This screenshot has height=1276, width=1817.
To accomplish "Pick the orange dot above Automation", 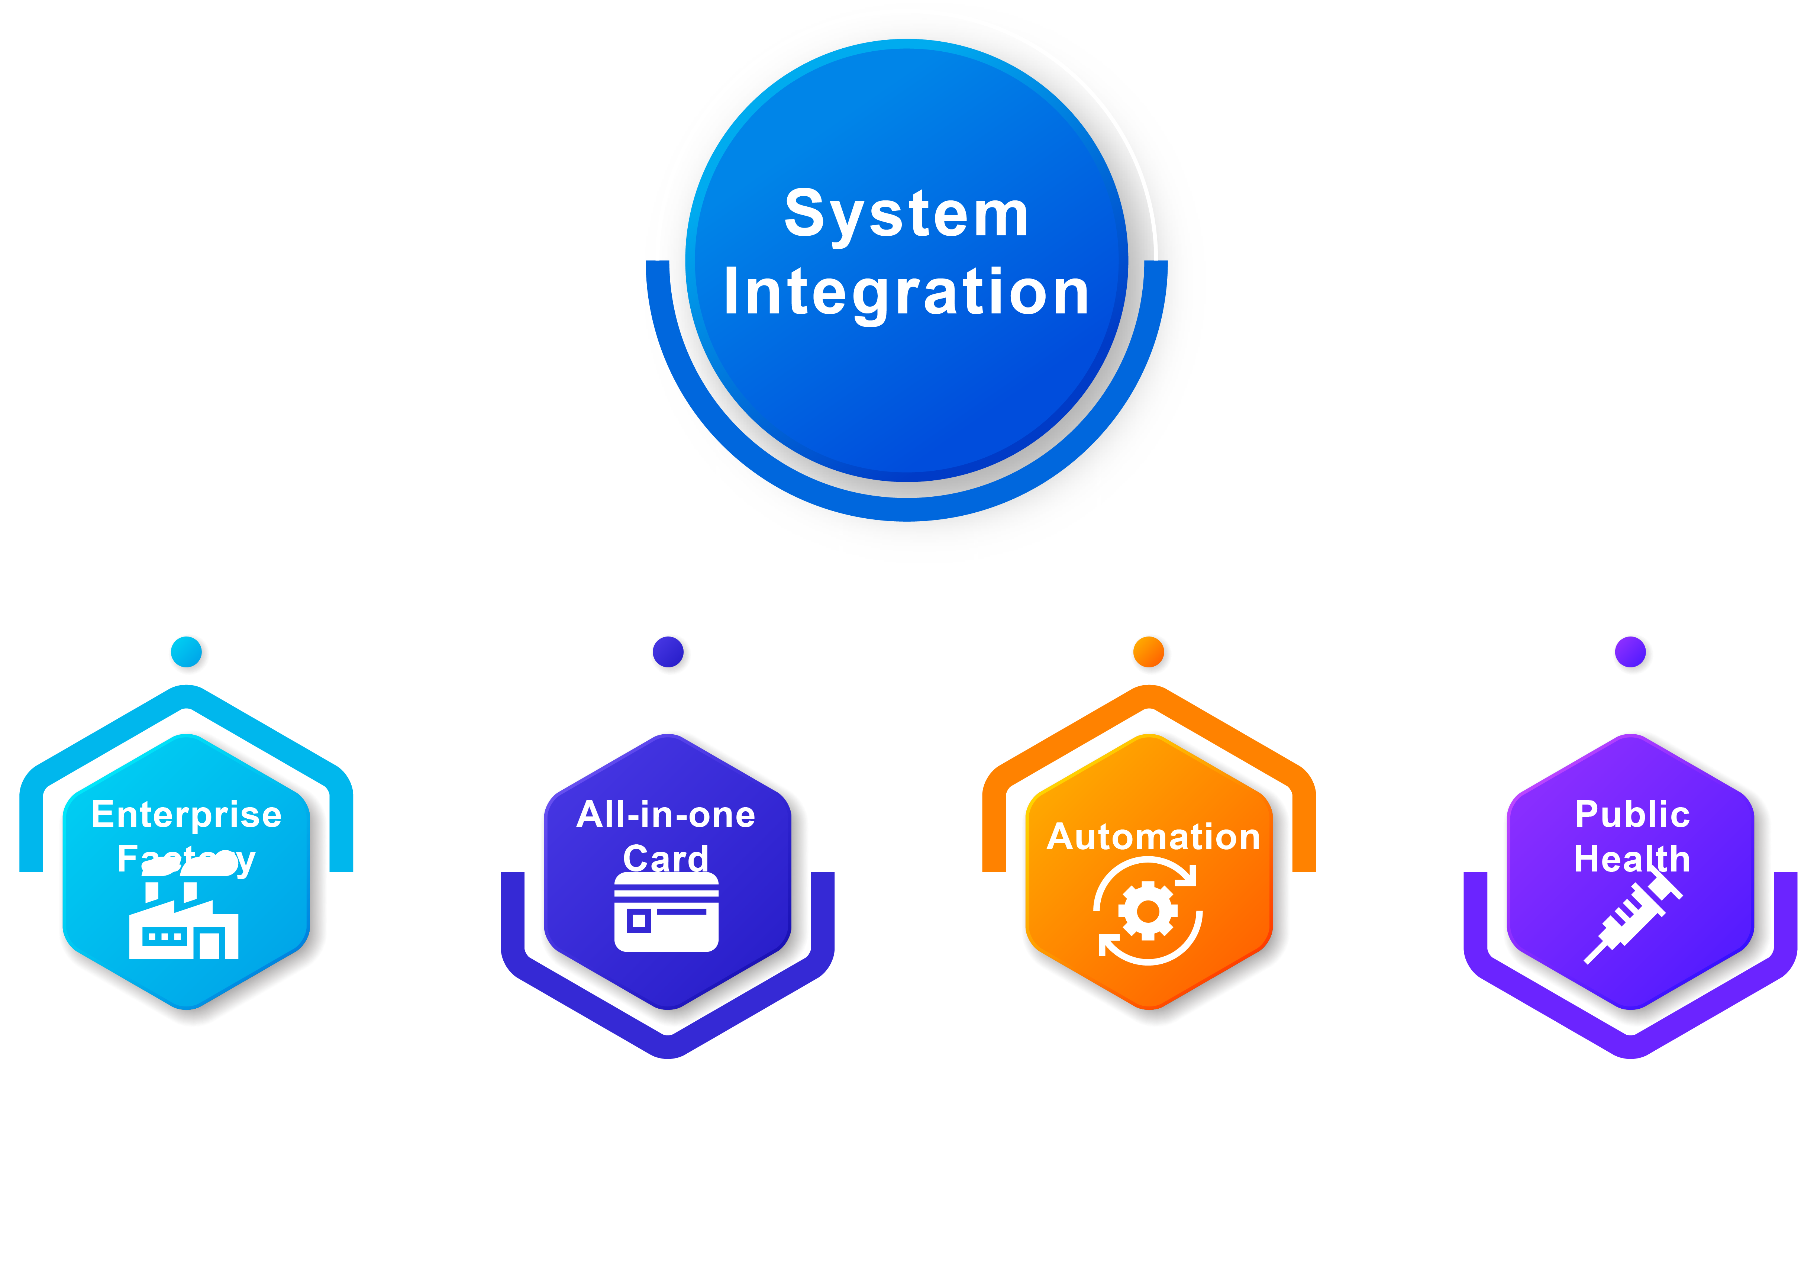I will point(1149,652).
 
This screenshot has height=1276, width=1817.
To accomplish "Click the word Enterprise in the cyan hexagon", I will point(187,815).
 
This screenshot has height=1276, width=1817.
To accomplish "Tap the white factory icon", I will point(184,926).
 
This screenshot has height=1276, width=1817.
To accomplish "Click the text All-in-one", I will point(667,815).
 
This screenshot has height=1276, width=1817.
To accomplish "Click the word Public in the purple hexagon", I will point(1632,815).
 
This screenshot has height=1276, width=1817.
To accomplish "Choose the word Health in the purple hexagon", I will point(1632,859).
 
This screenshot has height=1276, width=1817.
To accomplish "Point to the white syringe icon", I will point(1632,918).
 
